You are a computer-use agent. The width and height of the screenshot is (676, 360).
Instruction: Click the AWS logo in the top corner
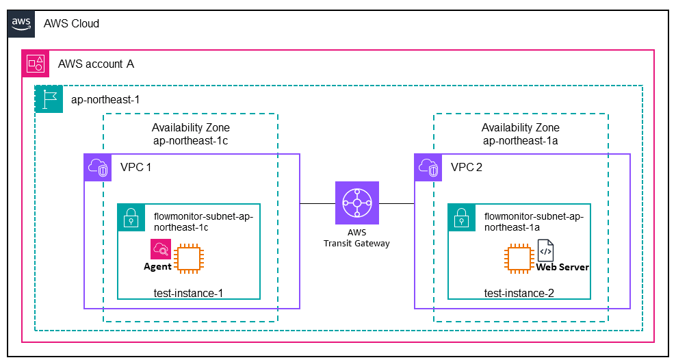[21, 23]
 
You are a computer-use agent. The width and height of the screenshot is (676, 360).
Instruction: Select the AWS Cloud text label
[71, 24]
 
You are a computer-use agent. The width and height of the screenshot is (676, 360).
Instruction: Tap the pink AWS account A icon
[35, 64]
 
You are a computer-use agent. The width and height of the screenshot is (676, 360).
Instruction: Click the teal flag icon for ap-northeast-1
[48, 99]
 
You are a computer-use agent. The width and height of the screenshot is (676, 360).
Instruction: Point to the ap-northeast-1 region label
[105, 100]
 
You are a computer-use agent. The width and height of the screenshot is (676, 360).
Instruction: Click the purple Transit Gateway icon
[356, 203]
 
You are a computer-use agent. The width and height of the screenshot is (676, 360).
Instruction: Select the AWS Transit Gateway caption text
[356, 237]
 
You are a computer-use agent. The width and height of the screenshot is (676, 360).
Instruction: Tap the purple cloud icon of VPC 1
[97, 168]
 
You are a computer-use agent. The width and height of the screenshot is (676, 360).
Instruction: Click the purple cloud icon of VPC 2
[428, 168]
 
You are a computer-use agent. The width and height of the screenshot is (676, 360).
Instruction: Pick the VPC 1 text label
[136, 168]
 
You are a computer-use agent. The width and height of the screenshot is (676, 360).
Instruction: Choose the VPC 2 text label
[467, 168]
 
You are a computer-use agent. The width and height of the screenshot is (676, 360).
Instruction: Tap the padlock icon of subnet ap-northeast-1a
[461, 217]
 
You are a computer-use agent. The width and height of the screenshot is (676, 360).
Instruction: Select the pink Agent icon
[161, 249]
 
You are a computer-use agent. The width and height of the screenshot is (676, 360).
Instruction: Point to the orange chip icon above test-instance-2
[519, 259]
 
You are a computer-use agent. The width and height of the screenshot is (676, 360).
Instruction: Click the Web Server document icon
[546, 250]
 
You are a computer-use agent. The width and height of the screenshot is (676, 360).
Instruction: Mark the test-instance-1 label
[189, 293]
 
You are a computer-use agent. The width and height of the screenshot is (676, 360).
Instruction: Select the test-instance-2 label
[519, 293]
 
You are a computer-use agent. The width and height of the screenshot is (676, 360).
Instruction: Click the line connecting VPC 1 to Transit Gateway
[317, 203]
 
